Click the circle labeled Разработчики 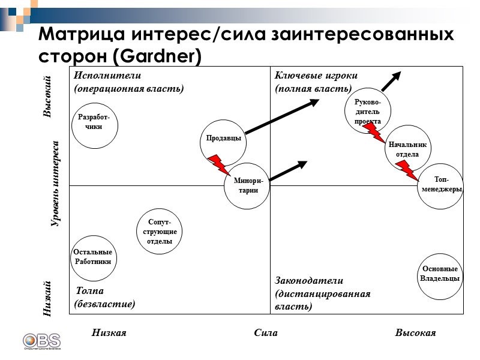[x=94, y=124]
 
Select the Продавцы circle [x=223, y=139]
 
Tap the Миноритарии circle [x=247, y=185]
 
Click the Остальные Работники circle [x=93, y=257]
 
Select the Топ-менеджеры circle [x=441, y=185]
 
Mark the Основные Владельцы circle [x=440, y=274]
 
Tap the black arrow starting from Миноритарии [x=289, y=170]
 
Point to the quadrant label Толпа [x=89, y=291]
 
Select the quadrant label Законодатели [x=308, y=280]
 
